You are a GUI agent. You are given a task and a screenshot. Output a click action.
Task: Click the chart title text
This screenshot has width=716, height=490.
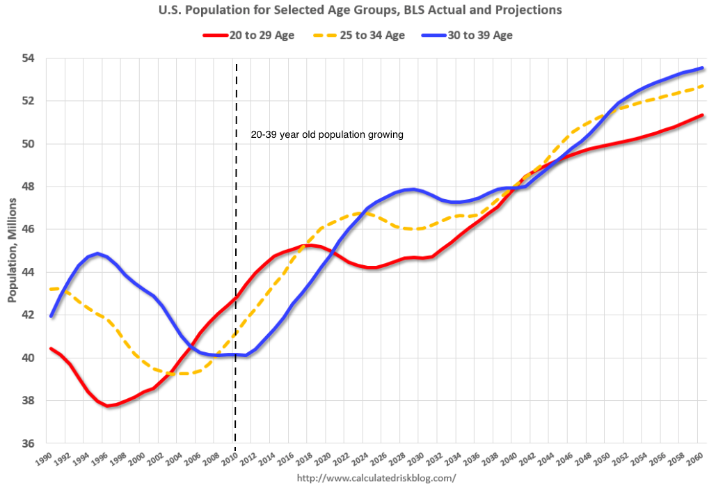[x=358, y=11]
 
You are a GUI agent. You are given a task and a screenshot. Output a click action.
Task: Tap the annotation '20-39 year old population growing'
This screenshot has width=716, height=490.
[x=327, y=135]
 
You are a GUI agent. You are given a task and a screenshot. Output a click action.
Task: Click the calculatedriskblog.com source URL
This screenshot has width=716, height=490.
[x=376, y=478]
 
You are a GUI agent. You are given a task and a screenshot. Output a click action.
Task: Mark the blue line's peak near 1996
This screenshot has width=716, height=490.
[x=98, y=253]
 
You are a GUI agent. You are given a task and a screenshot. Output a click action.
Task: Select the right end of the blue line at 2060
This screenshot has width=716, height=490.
[x=702, y=68]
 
